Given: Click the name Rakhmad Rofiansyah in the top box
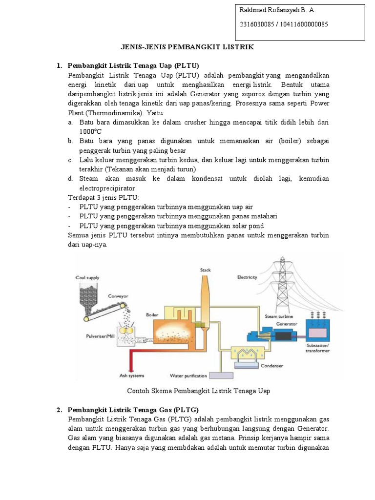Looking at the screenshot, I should tap(271, 10).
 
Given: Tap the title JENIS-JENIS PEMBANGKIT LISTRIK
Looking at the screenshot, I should tap(187, 47).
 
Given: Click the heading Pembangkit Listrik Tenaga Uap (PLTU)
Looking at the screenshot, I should tap(134, 65).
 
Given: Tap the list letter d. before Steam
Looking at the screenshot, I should tap(71, 179).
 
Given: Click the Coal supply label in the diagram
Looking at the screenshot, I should tap(87, 277).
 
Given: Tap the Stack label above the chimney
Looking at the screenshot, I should tap(205, 270).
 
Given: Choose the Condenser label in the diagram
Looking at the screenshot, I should tap(272, 364).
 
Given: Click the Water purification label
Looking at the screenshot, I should tap(188, 375).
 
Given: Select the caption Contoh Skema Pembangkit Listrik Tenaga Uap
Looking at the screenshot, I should tap(198, 391).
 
